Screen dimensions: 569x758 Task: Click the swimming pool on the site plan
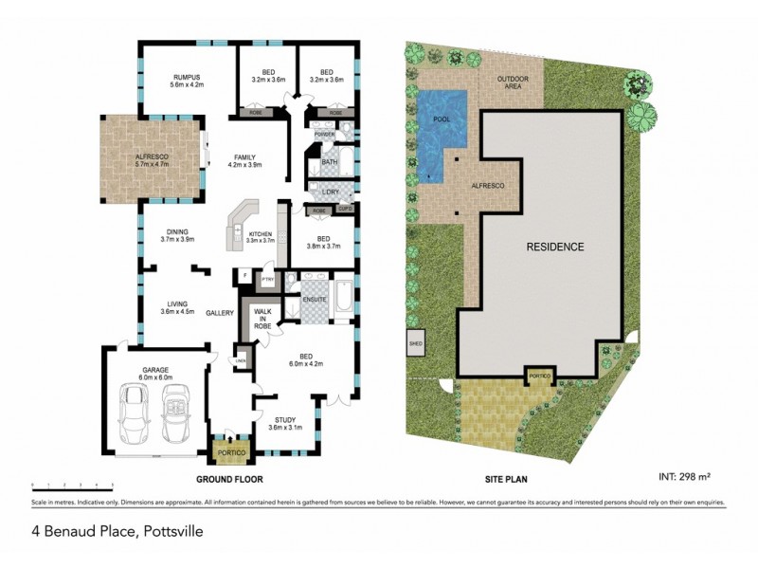[x=442, y=126]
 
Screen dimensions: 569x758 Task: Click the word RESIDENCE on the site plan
[x=554, y=247]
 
